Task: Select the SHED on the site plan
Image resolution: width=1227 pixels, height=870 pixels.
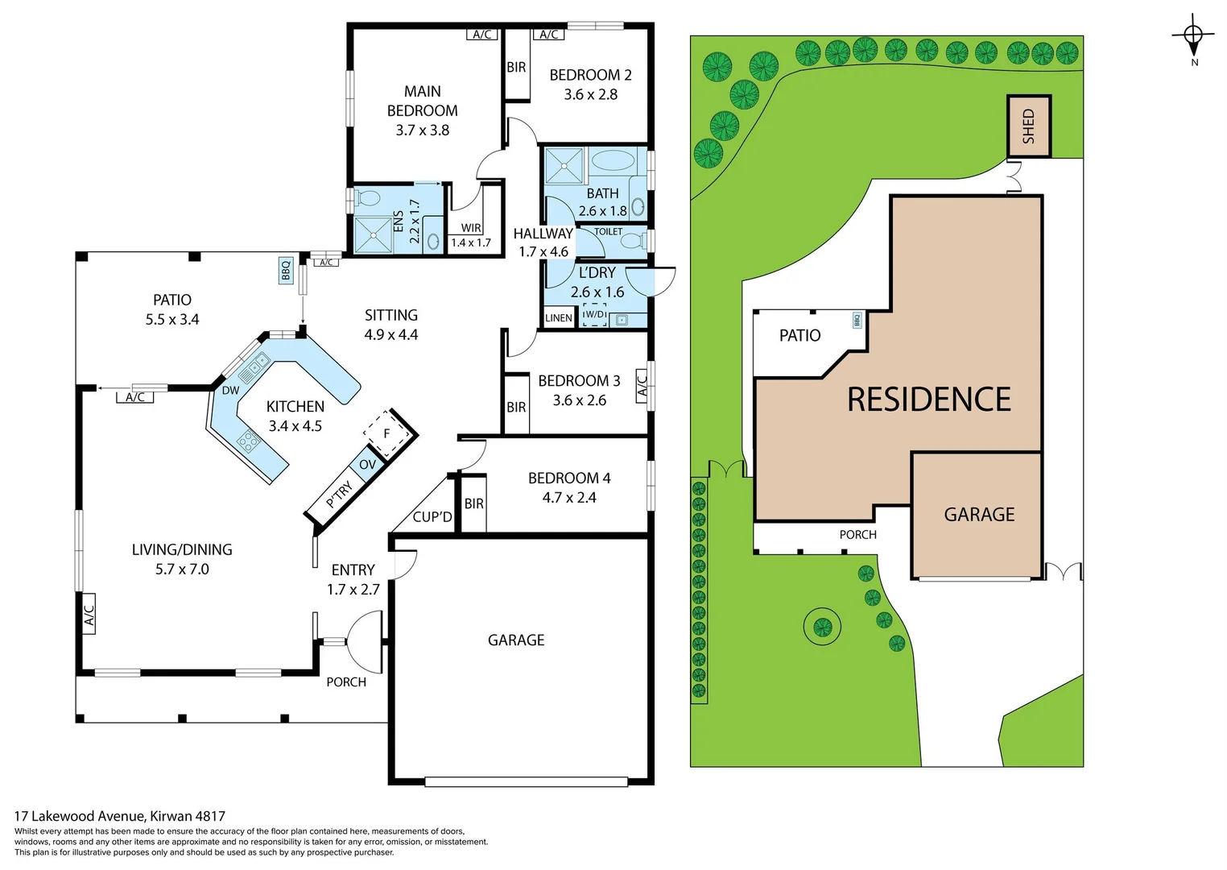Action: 1029,126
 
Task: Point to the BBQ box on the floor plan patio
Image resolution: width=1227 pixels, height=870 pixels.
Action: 285,271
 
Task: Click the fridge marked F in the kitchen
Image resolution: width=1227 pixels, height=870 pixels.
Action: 386,433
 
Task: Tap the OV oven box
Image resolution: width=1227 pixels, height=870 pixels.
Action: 368,464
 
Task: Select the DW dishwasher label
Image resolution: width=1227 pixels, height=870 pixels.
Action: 230,391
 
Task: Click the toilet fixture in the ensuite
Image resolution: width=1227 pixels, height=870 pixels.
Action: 366,198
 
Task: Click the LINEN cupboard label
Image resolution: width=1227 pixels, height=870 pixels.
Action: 559,317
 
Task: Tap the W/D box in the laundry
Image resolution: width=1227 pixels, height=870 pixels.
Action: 594,314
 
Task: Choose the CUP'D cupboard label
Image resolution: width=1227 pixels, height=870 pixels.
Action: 432,516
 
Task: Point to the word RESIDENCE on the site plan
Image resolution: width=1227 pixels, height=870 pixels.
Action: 929,399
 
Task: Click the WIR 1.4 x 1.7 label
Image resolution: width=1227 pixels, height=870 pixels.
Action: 470,235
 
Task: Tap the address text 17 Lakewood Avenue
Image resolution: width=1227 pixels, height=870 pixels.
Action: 80,816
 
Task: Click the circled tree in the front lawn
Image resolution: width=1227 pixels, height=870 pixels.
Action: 822,625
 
